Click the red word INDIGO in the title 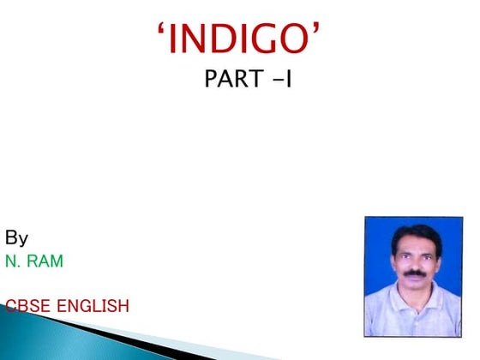coord(243,39)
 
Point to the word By coord(17,237)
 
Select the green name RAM coord(45,261)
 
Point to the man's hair coord(415,234)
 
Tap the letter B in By coord(11,237)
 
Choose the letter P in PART coord(211,81)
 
